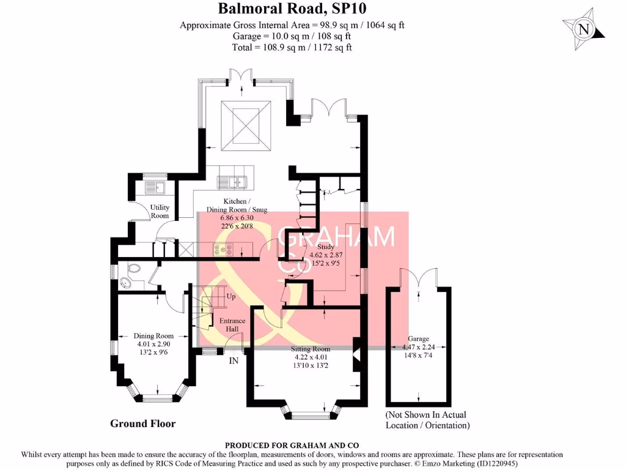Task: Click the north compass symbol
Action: tap(584, 29)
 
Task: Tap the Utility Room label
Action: tap(160, 212)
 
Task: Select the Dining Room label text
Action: tap(153, 336)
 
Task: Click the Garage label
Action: tap(418, 338)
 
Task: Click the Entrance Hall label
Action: tap(232, 325)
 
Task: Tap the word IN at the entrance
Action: tap(234, 362)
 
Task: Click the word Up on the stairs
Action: tap(230, 296)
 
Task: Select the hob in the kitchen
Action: tap(221, 249)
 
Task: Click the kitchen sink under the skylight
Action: tap(232, 181)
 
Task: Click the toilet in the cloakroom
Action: tap(127, 281)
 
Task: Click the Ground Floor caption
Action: tap(142, 423)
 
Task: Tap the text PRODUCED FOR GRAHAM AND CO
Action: tap(292, 445)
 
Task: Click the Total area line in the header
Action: tap(292, 47)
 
